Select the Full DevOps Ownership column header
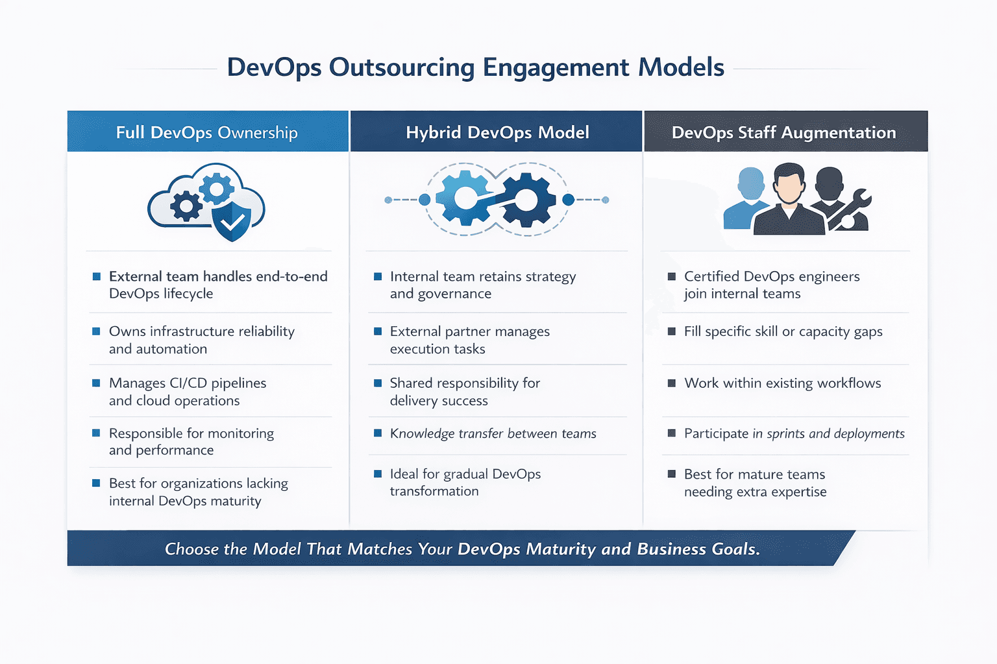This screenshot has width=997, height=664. (206, 132)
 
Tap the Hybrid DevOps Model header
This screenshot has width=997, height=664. (497, 132)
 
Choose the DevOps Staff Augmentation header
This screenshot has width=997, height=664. (783, 132)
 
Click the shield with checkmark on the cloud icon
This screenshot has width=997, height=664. (232, 220)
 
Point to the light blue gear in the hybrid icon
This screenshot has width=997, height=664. (465, 198)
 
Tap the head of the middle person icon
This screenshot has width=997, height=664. (789, 182)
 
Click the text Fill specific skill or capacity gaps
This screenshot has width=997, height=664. (783, 331)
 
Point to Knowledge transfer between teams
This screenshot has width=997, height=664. (493, 434)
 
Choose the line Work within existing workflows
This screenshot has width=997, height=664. (782, 383)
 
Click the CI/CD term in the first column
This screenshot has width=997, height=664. (187, 383)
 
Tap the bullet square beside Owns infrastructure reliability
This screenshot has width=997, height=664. (96, 331)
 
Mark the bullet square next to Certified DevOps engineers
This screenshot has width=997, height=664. (672, 277)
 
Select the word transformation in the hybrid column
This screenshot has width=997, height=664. (434, 492)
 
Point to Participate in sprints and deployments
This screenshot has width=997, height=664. (794, 434)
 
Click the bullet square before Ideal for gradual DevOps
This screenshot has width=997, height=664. (378, 474)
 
